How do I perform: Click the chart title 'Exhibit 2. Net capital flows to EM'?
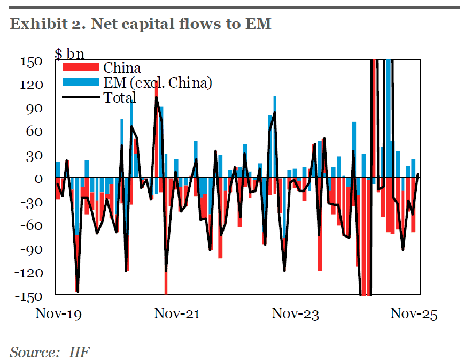pos(141,24)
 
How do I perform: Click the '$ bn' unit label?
pos(69,53)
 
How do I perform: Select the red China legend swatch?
pos(81,68)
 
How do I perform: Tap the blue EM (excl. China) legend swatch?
pos(81,82)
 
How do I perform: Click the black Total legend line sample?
pos(81,97)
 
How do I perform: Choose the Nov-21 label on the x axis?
pos(176,314)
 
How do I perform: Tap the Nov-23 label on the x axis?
pos(295,314)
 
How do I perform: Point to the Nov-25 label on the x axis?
pos(413,314)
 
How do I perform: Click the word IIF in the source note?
pos(80,352)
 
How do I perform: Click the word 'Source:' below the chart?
pos(32,352)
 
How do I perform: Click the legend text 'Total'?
pos(120,97)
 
